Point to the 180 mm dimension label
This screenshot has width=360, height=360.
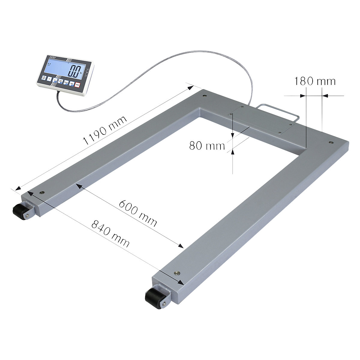[x=314, y=81]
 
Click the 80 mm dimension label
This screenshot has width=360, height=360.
[x=207, y=146]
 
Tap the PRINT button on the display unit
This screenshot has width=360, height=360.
[x=66, y=83]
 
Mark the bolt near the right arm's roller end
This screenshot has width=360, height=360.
[x=177, y=273]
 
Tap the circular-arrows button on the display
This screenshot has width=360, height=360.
[x=61, y=81]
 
